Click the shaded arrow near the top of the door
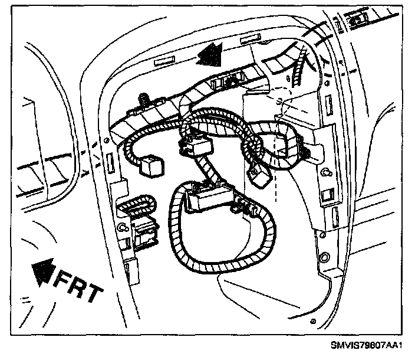[x=210, y=55]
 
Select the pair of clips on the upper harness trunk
[x=227, y=80]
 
